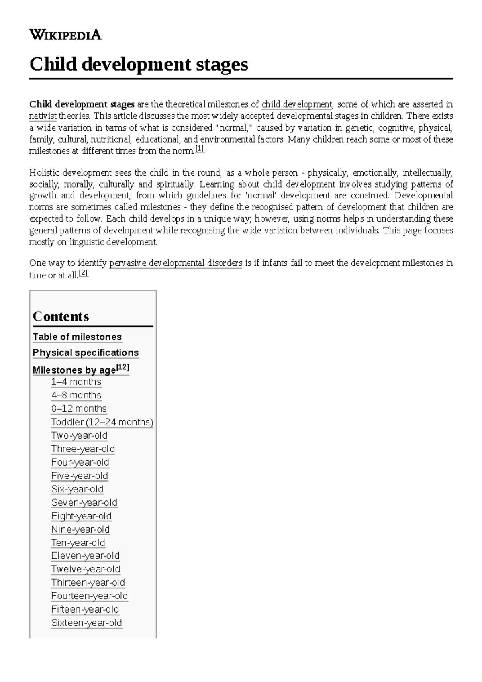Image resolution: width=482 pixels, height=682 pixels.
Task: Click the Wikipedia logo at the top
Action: (65, 35)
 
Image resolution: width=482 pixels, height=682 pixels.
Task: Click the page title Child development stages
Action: (139, 64)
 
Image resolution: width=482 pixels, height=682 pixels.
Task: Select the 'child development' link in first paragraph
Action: (296, 105)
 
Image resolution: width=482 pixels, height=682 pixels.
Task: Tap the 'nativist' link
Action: (43, 116)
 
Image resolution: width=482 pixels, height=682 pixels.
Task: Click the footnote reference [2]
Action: (83, 274)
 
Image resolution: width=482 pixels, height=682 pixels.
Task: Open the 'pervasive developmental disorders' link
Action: (176, 263)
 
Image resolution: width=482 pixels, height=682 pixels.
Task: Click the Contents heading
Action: (61, 316)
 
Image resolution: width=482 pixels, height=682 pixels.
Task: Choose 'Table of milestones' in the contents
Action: (77, 337)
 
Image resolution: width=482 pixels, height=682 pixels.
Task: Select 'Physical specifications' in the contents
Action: (86, 353)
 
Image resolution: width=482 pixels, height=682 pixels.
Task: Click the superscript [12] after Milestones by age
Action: (123, 367)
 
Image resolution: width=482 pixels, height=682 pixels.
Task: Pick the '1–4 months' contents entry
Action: (76, 382)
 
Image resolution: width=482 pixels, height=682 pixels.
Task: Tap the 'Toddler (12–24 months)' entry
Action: (102, 422)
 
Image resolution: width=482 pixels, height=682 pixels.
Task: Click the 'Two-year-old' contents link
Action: (79, 436)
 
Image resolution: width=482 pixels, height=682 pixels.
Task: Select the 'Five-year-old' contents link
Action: (80, 476)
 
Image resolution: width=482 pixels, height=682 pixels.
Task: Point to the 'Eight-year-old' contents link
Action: (81, 516)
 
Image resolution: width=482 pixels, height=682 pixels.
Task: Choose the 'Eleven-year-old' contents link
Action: (85, 556)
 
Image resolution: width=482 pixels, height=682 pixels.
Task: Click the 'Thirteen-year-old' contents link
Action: (88, 583)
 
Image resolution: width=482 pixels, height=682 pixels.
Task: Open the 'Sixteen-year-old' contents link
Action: (86, 623)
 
